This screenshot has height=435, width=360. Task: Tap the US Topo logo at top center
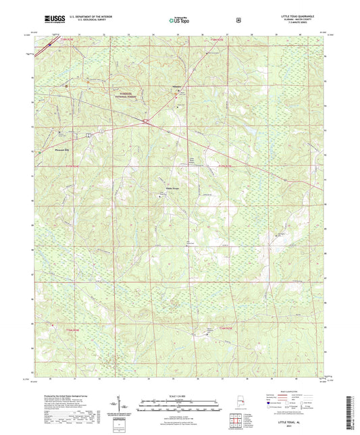pos(180,20)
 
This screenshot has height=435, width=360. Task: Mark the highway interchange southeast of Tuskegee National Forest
pos(145,122)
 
